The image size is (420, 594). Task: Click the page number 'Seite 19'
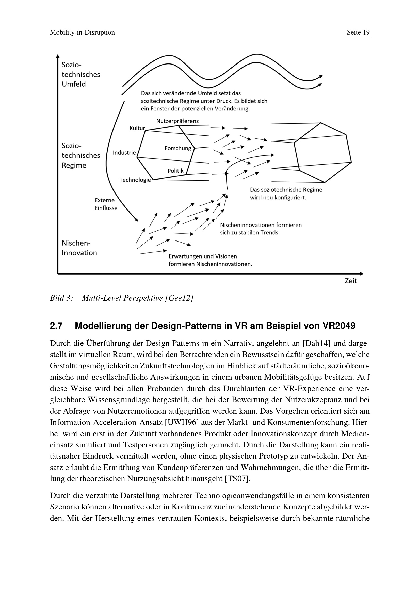coord(358,32)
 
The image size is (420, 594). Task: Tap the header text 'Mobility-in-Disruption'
coord(82,32)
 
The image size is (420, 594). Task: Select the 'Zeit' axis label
coord(351,281)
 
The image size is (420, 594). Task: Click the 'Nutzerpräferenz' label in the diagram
coord(177,121)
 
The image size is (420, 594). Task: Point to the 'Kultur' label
coord(137,128)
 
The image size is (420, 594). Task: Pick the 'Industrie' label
coord(124,153)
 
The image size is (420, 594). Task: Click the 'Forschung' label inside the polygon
coord(178,148)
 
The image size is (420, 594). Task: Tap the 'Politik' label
coord(176,171)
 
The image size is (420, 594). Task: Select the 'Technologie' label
coord(135,180)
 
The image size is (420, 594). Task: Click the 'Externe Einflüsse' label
coord(106,204)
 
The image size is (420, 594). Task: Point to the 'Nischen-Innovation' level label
coord(79,248)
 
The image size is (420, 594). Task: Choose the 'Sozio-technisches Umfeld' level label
coord(81,74)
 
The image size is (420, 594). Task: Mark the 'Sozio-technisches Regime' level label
coord(81,155)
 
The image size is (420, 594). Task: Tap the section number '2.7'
coord(56,326)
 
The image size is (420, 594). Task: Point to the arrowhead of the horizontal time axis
coord(362,274)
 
